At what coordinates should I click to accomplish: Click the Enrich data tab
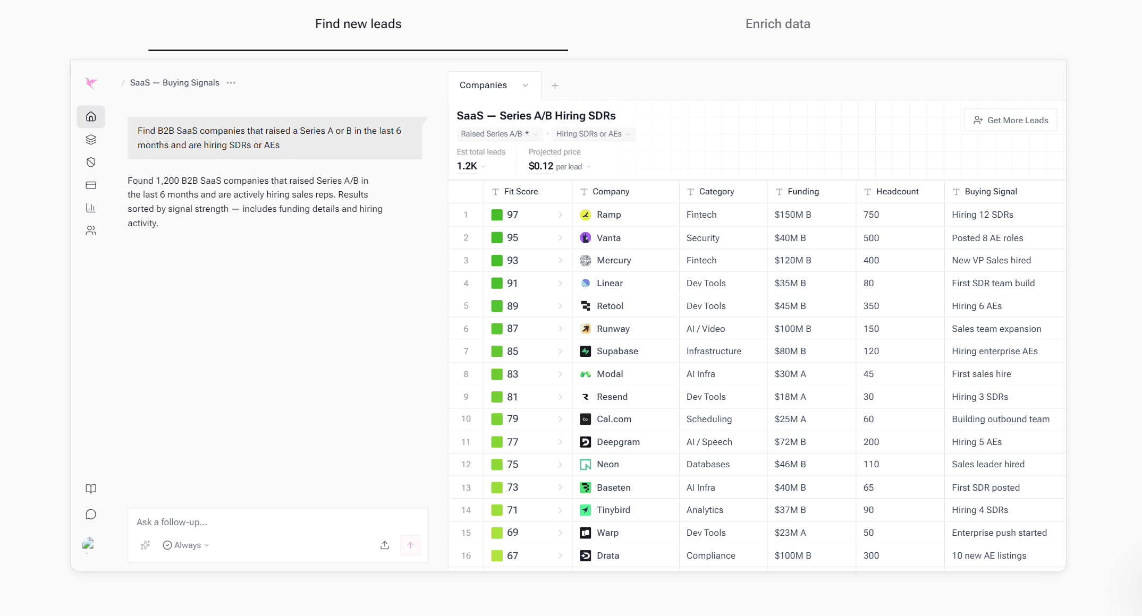(x=777, y=24)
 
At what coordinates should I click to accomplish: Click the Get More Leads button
(x=1010, y=120)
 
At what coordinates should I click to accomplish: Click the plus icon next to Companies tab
(x=555, y=85)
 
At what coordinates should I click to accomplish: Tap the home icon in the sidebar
(x=91, y=117)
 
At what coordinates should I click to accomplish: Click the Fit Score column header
(x=521, y=192)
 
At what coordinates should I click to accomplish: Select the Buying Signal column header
(x=991, y=192)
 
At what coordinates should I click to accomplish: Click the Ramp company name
(x=608, y=215)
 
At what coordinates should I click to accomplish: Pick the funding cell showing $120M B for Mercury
(x=793, y=260)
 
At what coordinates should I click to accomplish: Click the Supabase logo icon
(x=585, y=351)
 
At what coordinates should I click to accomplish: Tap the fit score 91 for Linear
(x=512, y=283)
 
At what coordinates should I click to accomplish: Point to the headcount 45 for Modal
(x=868, y=374)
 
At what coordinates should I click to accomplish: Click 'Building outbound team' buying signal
(x=1001, y=419)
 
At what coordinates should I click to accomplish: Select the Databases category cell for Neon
(x=708, y=464)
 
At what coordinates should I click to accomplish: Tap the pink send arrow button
(x=410, y=545)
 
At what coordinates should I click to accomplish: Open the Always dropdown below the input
(x=186, y=545)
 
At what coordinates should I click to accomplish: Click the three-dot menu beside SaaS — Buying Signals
(x=231, y=83)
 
